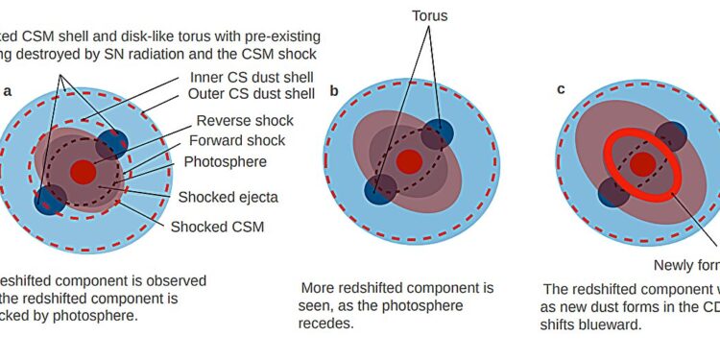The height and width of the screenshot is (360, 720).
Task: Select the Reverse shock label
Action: click(244, 121)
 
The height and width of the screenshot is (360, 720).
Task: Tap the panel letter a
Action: click(9, 91)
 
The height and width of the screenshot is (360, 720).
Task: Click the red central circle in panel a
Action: click(83, 172)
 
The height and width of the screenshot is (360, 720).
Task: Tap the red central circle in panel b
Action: click(409, 160)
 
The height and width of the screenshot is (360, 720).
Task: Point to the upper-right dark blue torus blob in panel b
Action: click(437, 133)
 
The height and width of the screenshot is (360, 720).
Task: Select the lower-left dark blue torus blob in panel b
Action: click(380, 188)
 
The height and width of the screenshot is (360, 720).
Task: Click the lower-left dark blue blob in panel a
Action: click(50, 199)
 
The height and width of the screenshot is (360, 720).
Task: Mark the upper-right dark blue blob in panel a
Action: click(113, 143)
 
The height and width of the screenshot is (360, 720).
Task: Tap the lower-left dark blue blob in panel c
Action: click(614, 191)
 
